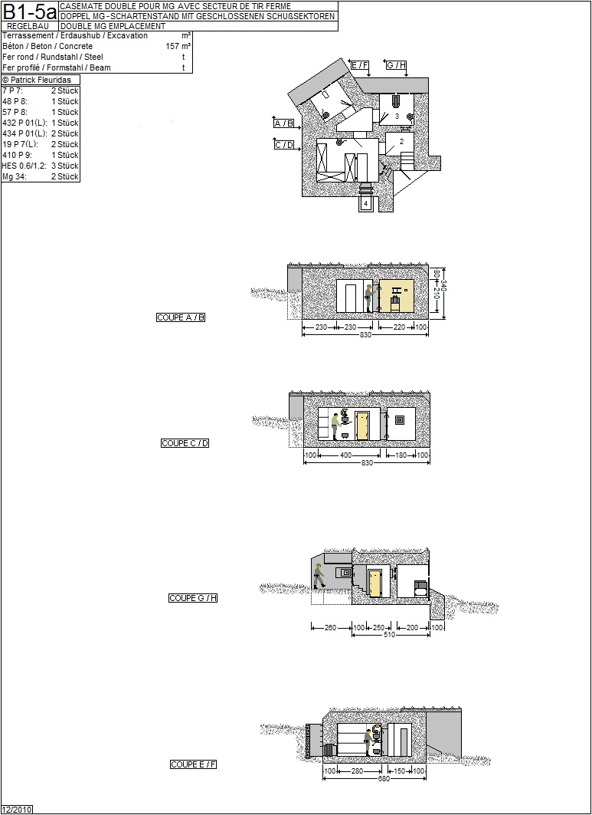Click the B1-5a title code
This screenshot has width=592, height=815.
click(x=29, y=12)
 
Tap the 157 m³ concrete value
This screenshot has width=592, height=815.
click(x=178, y=46)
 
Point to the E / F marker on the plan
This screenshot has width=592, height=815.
click(x=359, y=65)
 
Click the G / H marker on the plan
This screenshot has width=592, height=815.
click(x=396, y=65)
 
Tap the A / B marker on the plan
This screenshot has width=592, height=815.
click(x=284, y=123)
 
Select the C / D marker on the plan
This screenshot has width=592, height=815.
click(x=284, y=145)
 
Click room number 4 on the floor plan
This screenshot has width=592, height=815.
click(x=366, y=203)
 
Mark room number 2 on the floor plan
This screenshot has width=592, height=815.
click(x=401, y=141)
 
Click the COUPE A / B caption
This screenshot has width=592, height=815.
click(x=181, y=317)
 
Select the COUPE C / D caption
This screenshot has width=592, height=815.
click(x=185, y=443)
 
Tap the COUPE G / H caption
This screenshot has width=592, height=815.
click(x=193, y=598)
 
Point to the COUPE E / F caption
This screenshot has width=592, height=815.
click(x=193, y=764)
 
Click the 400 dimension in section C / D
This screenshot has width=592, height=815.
click(x=345, y=455)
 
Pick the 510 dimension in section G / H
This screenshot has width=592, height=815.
click(x=389, y=635)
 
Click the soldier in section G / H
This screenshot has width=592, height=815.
click(x=319, y=577)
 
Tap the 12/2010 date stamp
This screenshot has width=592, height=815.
click(x=17, y=810)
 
